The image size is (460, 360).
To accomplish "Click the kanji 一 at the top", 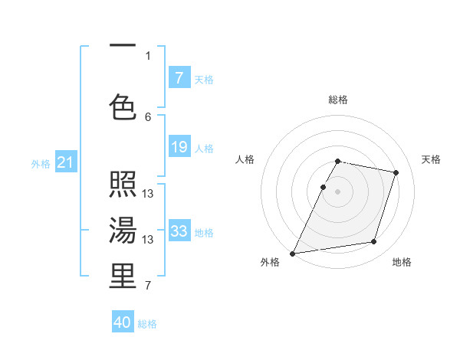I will (x=123, y=46).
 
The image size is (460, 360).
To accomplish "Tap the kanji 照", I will (x=123, y=185).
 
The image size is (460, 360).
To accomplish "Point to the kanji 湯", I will (x=123, y=229).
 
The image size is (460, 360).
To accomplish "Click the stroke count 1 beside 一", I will (x=148, y=55).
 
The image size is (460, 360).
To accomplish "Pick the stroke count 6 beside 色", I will (x=148, y=116).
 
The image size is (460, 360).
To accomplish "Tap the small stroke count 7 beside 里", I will (x=148, y=286).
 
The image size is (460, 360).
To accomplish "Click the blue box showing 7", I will (x=179, y=78).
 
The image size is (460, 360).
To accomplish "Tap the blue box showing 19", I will (x=179, y=147).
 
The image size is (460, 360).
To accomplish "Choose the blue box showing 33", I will (x=179, y=231).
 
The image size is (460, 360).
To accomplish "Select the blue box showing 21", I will (x=65, y=162).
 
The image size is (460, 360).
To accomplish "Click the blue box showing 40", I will (x=123, y=322).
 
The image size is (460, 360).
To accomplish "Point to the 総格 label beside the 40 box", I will (x=147, y=324).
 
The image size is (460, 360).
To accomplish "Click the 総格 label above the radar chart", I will (x=337, y=100).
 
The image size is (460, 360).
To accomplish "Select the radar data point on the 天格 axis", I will (x=396, y=172).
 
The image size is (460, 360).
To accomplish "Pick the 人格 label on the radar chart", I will (x=245, y=159).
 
